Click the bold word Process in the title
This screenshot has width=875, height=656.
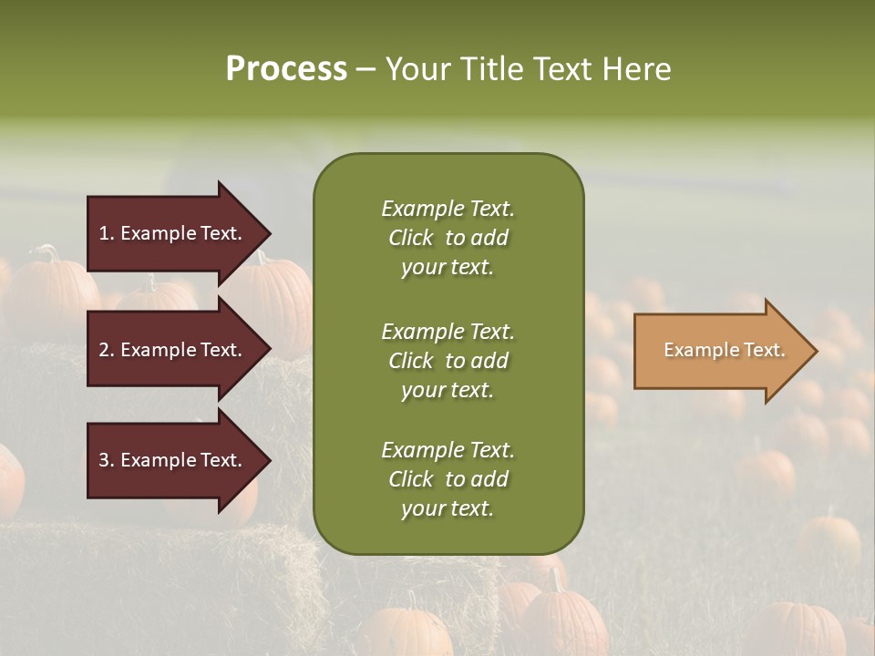pos(286,69)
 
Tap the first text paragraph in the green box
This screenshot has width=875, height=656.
pos(448,238)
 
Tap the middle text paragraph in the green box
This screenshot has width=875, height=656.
pos(448,360)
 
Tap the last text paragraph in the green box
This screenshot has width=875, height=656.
pos(448,479)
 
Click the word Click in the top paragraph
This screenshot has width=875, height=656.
pos(410,238)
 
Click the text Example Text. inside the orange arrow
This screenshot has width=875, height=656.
pos(724,350)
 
